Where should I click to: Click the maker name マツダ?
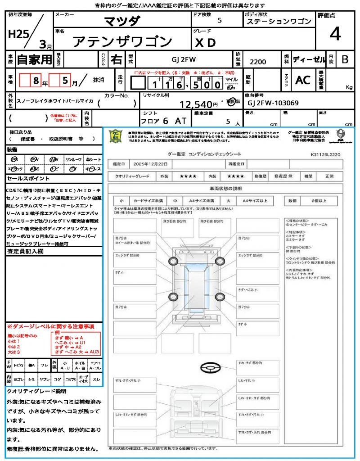[x=122, y=21]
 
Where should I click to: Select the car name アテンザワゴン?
[x=122, y=42]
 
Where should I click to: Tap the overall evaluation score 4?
[x=334, y=34]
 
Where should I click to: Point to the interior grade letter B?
[x=345, y=59]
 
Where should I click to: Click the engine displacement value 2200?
[x=258, y=62]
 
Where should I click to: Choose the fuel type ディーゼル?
[x=309, y=59]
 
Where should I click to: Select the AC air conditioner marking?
[x=303, y=80]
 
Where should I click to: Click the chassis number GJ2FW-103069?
[x=273, y=103]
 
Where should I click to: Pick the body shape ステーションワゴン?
[x=279, y=21]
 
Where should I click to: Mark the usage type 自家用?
[x=34, y=59]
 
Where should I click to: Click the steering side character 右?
[x=117, y=59]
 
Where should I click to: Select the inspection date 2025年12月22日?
[x=153, y=163]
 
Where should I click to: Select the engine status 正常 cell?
[x=331, y=176]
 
